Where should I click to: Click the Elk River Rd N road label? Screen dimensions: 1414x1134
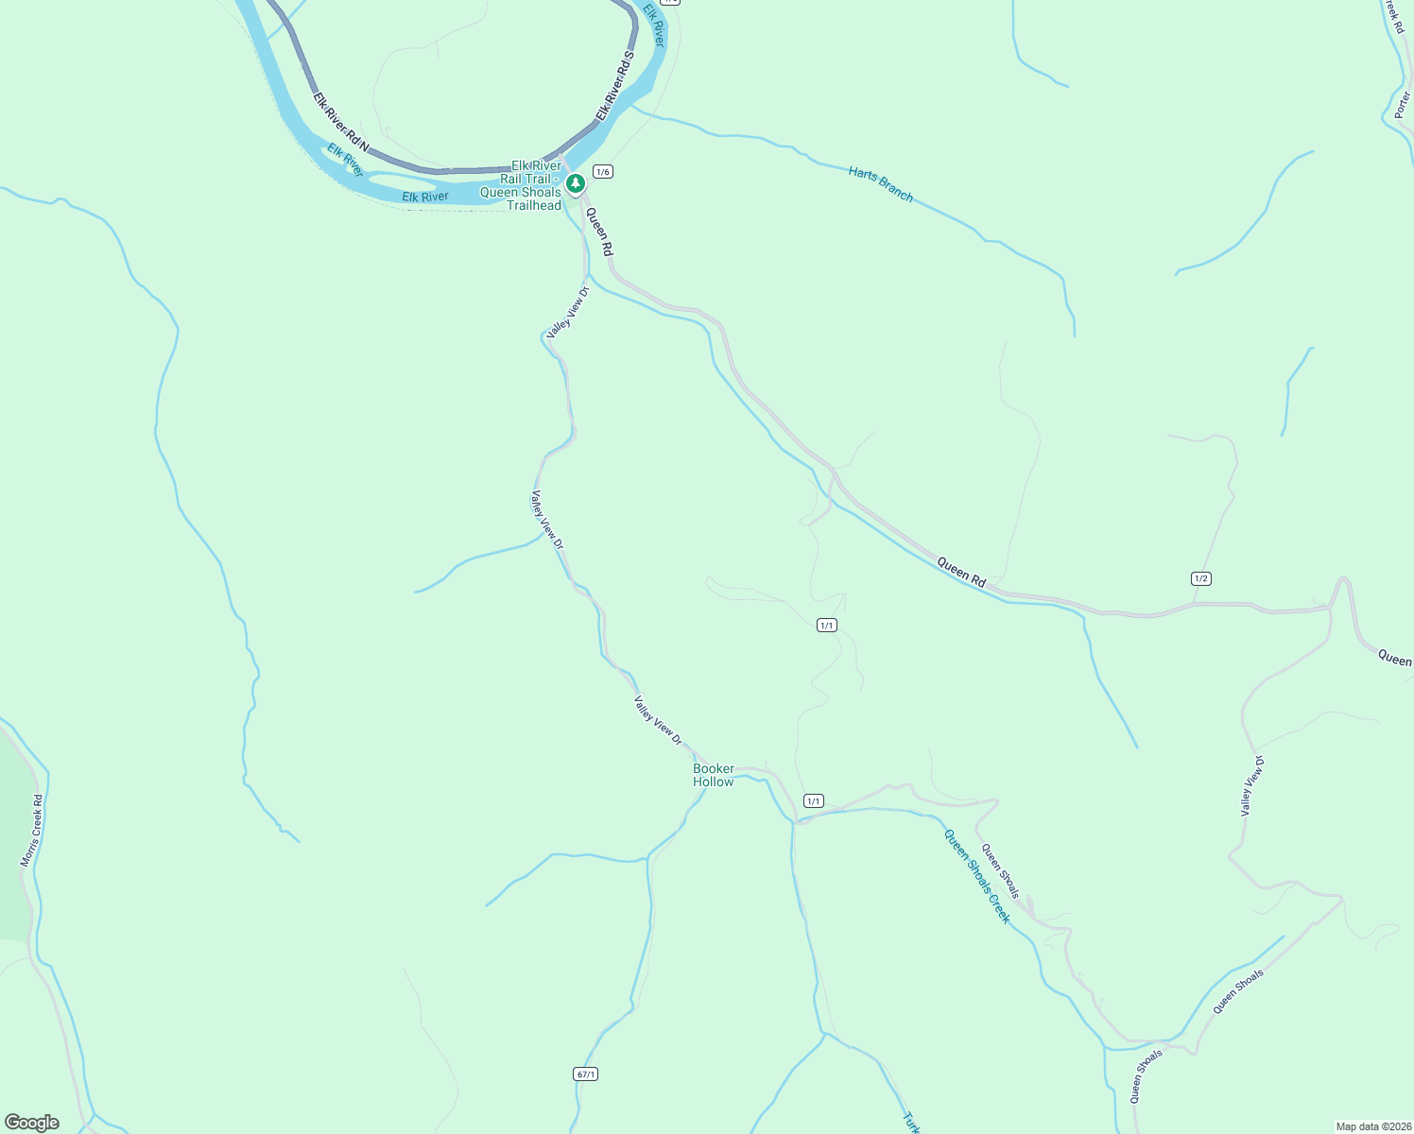(340, 123)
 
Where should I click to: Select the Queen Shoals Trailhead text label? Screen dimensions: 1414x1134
(521, 185)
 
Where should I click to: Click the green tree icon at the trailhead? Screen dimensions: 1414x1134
(575, 182)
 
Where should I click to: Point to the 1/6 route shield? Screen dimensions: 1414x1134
(603, 171)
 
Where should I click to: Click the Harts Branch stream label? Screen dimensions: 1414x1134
(880, 184)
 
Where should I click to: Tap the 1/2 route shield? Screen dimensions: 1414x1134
(1200, 578)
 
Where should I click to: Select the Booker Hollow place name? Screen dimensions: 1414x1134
(713, 775)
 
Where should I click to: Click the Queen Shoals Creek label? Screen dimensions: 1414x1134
(977, 876)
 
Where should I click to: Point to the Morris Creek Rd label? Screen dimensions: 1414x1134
(32, 831)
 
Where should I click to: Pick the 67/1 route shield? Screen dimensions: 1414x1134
(585, 1074)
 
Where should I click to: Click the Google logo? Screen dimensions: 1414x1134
(32, 1123)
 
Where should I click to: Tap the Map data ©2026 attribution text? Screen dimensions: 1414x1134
(1372, 1126)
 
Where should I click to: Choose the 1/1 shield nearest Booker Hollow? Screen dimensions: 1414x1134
(813, 800)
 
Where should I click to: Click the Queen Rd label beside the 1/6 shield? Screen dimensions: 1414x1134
(599, 232)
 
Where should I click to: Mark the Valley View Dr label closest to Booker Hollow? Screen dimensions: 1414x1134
(658, 721)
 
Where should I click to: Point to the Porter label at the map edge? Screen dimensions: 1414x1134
(1402, 105)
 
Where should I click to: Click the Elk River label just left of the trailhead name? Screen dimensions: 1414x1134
(425, 197)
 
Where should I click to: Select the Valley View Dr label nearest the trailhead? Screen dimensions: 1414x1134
(568, 312)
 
